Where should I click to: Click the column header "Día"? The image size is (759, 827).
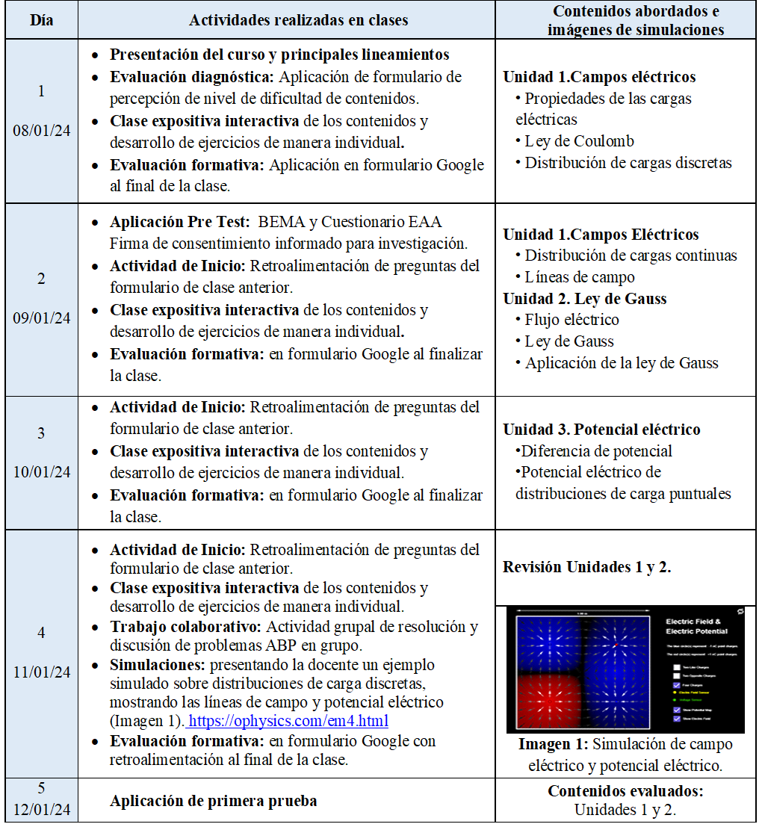[41, 20]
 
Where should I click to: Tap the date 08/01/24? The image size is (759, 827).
[42, 130]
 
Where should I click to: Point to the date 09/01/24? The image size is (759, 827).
[42, 318]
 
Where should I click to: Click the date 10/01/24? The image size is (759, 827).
[42, 472]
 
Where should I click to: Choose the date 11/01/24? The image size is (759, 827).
[42, 672]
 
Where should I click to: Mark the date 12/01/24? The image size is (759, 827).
[42, 811]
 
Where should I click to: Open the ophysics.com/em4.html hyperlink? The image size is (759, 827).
[290, 722]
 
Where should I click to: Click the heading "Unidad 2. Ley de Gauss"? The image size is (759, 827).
[585, 299]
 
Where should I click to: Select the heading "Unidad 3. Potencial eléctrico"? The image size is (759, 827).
[601, 430]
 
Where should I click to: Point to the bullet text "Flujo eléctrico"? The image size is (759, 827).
[571, 320]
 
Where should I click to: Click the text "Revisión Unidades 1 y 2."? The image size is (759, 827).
[587, 567]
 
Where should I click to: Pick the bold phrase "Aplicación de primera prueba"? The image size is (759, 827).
[214, 801]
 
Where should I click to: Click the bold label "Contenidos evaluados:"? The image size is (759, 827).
[625, 791]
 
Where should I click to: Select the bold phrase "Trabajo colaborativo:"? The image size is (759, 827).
[186, 627]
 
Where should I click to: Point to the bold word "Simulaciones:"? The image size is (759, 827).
[158, 665]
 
